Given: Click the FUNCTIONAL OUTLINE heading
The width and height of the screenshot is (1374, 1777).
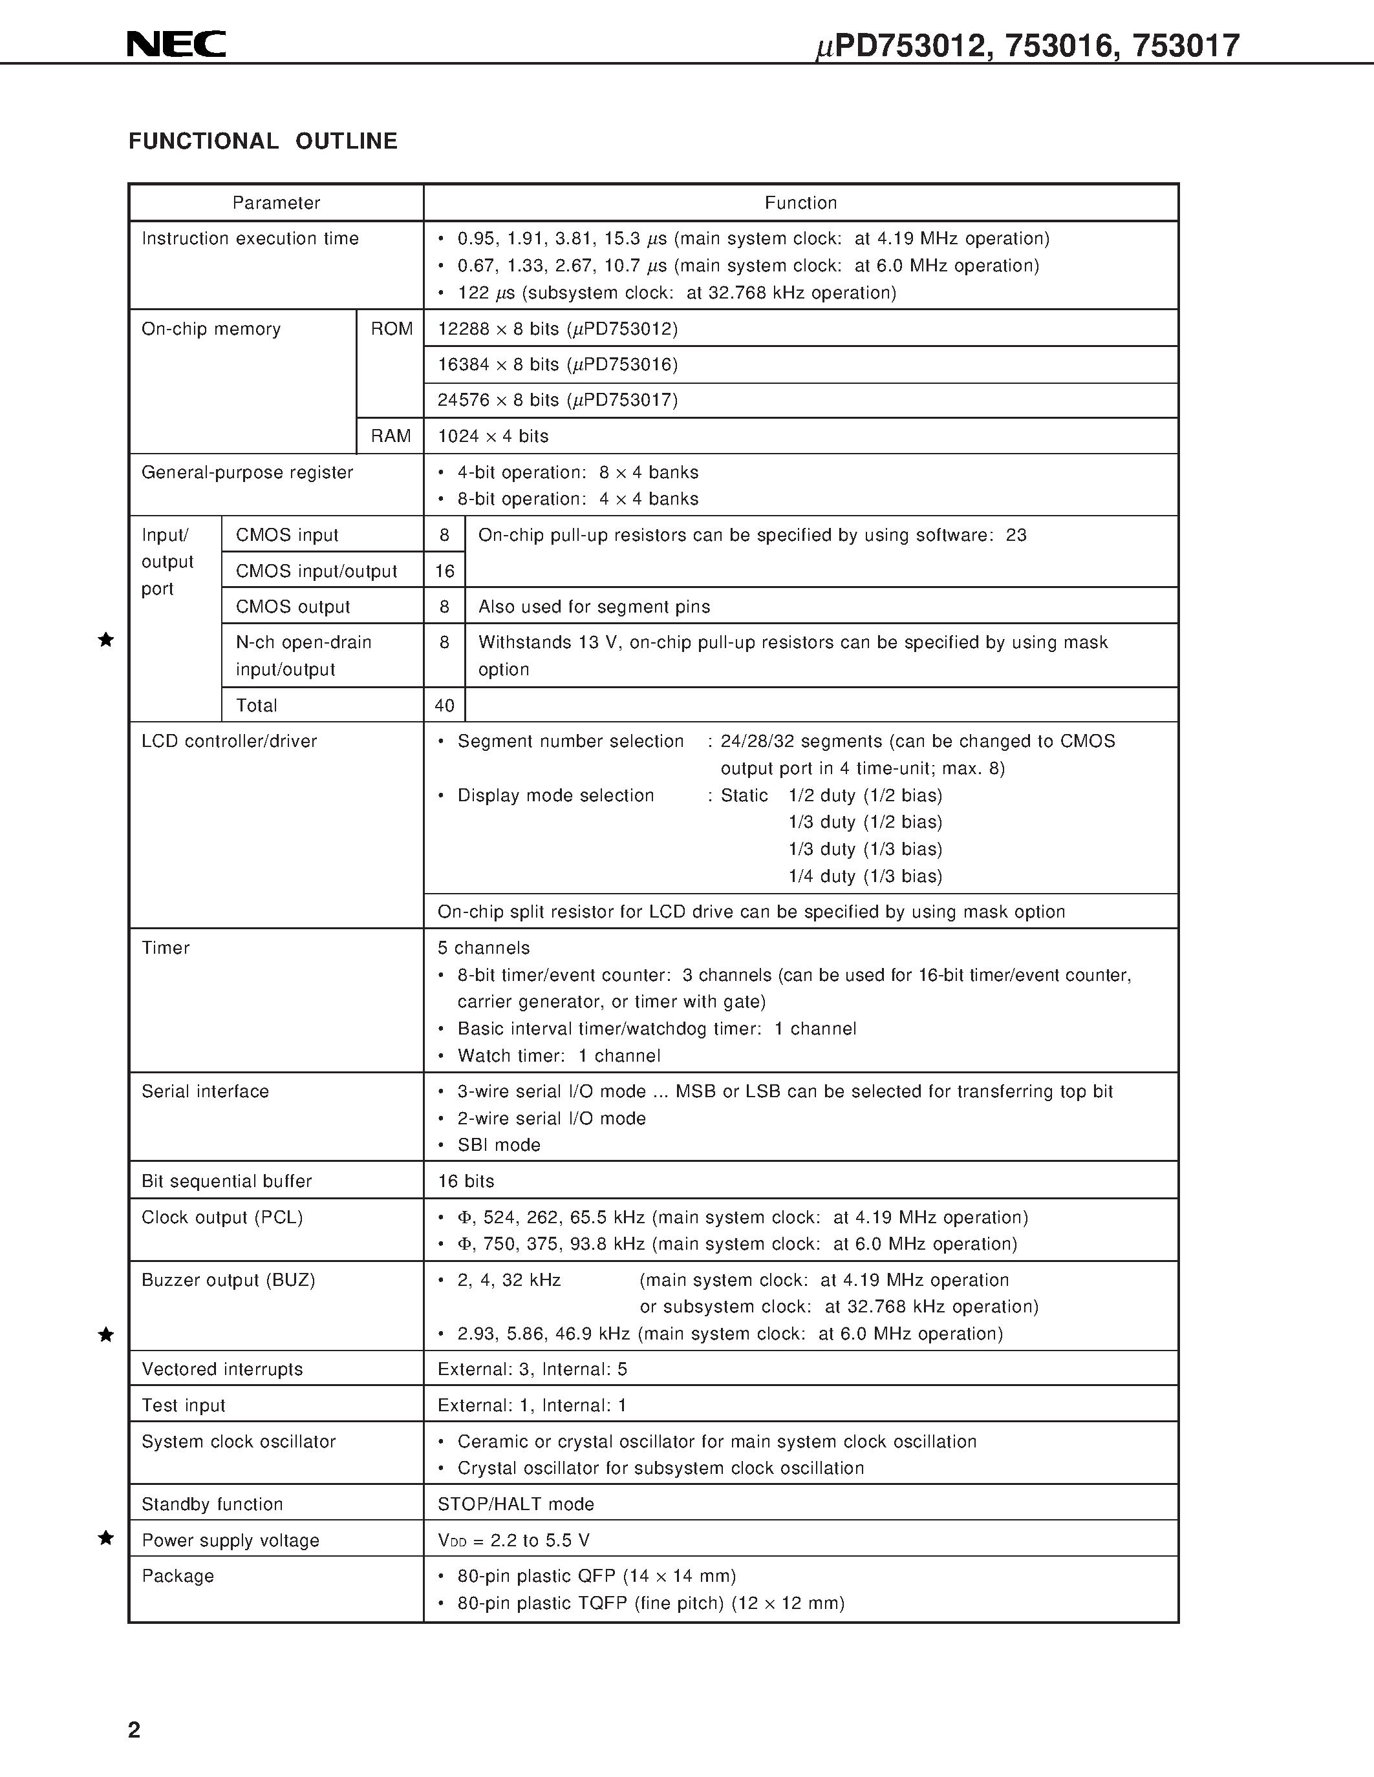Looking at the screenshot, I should (263, 142).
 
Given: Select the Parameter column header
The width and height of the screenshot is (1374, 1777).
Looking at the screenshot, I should (276, 203).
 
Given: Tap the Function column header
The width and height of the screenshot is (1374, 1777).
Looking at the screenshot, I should (800, 203).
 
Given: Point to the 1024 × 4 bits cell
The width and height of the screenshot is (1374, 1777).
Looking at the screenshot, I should (493, 436).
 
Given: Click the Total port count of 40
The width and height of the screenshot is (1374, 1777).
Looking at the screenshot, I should (444, 706).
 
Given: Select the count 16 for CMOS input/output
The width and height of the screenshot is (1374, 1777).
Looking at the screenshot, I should (444, 571).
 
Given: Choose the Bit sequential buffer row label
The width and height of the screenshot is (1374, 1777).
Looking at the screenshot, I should (226, 1181).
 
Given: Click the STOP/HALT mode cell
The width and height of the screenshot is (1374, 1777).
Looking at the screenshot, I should (516, 1504).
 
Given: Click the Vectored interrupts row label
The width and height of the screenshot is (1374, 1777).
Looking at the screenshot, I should (222, 1369).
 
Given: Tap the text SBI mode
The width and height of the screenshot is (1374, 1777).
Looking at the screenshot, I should (499, 1145).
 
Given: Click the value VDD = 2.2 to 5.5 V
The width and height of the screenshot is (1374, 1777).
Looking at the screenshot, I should (513, 1540).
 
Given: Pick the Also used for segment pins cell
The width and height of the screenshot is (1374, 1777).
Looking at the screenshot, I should (594, 607).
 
